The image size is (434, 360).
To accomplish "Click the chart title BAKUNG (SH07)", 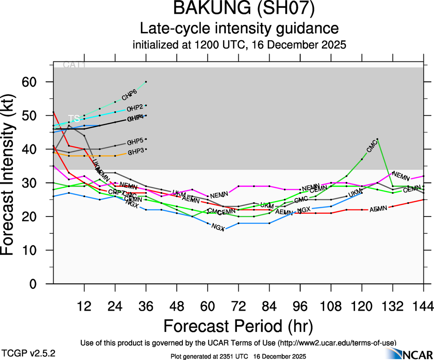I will click(x=239, y=10).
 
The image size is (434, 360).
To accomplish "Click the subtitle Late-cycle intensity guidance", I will click(x=239, y=28).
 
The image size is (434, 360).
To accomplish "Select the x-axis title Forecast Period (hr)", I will click(x=238, y=325).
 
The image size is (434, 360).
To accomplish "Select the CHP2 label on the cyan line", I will click(x=134, y=108).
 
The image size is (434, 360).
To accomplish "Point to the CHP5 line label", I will click(x=135, y=141).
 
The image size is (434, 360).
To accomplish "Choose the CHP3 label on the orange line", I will click(x=136, y=151).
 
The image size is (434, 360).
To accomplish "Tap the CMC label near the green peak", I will click(x=372, y=147).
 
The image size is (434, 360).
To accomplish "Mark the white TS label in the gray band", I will click(x=74, y=119).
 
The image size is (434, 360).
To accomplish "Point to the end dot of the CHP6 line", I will click(x=146, y=82).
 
